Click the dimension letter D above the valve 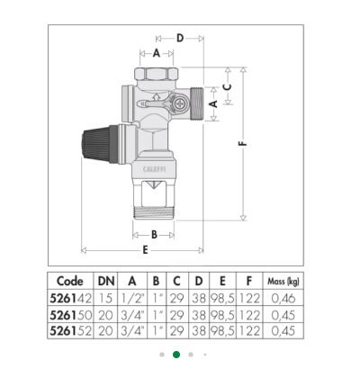[180, 38]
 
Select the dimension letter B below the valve [154, 235]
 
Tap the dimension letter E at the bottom [145, 250]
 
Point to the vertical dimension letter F [243, 144]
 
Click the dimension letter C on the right [228, 86]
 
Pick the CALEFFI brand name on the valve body [154, 169]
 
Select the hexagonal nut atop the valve [156, 74]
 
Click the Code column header [70, 281]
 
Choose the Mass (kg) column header [283, 282]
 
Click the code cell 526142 [70, 298]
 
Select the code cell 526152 [70, 331]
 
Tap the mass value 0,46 [283, 299]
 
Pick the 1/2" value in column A [132, 298]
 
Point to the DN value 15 [105, 298]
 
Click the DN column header [106, 281]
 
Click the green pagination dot [176, 355]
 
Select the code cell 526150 [70, 315]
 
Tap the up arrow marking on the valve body [156, 96]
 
